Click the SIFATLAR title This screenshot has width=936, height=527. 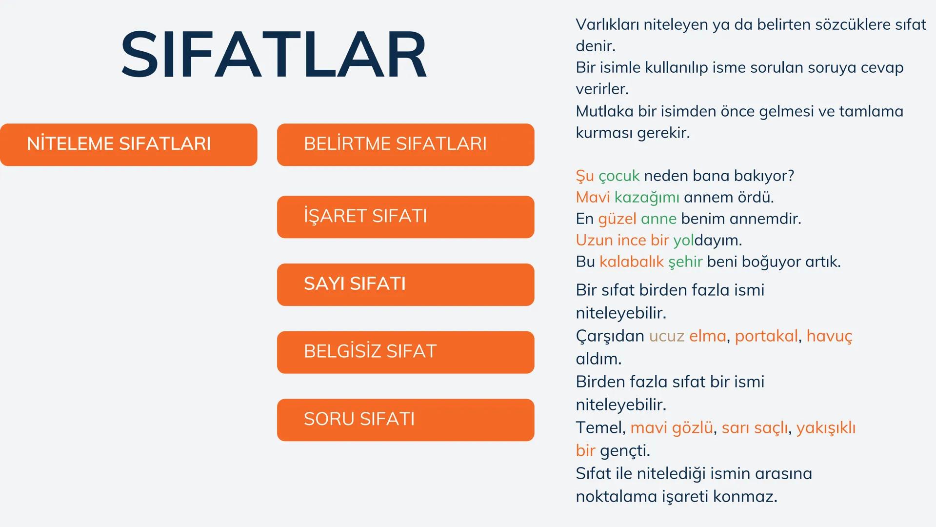[274, 54]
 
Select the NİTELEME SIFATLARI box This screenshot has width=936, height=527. [128, 144]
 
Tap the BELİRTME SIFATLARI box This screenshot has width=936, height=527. [405, 144]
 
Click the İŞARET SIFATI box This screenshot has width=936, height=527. [405, 217]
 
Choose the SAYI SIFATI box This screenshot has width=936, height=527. [405, 284]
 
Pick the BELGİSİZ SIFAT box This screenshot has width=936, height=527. [405, 352]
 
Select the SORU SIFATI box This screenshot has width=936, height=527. [405, 420]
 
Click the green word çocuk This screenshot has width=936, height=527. [618, 176]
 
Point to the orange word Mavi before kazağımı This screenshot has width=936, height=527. [593, 197]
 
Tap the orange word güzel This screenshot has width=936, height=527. [617, 219]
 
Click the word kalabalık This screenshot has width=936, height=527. [631, 262]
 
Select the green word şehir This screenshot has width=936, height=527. [685, 262]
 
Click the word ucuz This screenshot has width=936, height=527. [666, 336]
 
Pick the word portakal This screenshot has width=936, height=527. [766, 336]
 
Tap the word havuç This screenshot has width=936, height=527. [829, 336]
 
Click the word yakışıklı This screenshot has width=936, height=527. [826, 428]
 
